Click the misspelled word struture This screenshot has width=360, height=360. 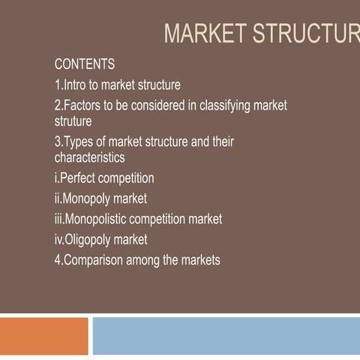[73, 121]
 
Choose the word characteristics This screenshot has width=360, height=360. [89, 157]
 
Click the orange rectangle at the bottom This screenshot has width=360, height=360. [43, 336]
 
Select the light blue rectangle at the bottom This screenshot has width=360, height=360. [225, 336]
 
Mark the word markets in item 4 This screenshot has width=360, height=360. [201, 261]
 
